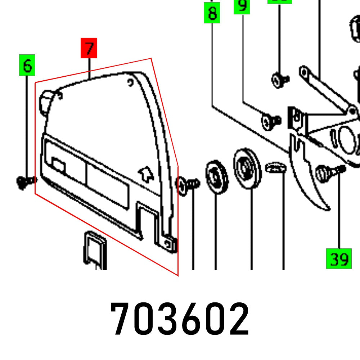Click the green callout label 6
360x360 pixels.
click(27, 66)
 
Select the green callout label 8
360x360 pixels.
click(212, 13)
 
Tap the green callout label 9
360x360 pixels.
click(242, 6)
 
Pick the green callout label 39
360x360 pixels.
click(339, 258)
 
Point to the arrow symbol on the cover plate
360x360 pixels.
click(145, 173)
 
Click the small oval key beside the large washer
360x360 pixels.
click(275, 167)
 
